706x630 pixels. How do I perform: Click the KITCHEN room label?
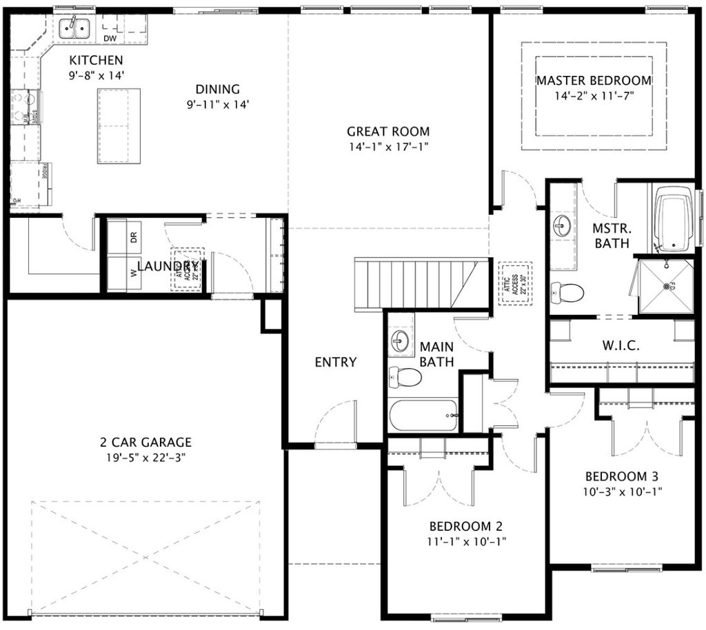pyautogui.click(x=96, y=61)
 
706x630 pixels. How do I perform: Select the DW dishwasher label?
pyautogui.click(x=110, y=38)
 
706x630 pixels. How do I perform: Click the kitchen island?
pyautogui.click(x=119, y=126)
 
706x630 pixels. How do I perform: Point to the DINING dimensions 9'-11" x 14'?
pyautogui.click(x=217, y=105)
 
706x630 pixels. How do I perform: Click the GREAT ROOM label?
pyautogui.click(x=387, y=131)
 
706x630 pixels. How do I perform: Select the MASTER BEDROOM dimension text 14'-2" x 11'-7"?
pyautogui.click(x=594, y=96)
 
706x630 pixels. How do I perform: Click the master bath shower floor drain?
pyautogui.click(x=666, y=286)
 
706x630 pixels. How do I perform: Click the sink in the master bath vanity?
pyautogui.click(x=562, y=225)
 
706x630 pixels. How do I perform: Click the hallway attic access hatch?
pyautogui.click(x=513, y=283)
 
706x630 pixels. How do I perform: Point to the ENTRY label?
pyautogui.click(x=336, y=363)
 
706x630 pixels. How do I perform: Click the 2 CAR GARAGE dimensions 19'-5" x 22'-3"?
pyautogui.click(x=145, y=457)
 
